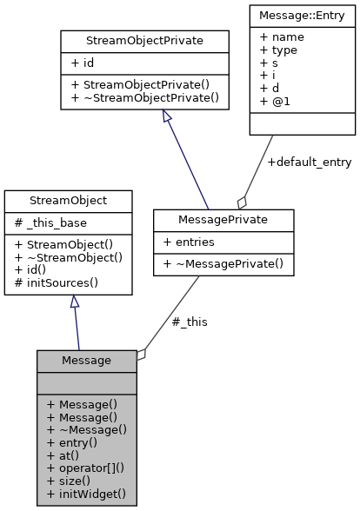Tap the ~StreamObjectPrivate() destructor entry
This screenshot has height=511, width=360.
click(144, 97)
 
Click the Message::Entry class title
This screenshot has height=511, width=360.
click(302, 13)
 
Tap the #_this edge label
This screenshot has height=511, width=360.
click(190, 322)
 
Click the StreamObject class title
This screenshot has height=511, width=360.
click(69, 200)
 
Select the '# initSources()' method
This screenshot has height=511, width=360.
click(57, 282)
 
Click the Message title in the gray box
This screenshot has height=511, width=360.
click(86, 360)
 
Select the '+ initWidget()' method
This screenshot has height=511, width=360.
click(86, 493)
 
